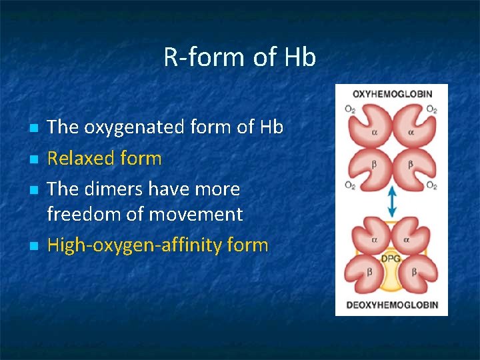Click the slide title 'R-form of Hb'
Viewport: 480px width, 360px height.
click(239, 58)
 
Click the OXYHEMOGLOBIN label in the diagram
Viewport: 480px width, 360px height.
click(391, 94)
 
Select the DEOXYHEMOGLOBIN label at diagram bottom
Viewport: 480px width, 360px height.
click(391, 305)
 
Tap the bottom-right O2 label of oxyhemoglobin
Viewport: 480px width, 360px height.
click(432, 185)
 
